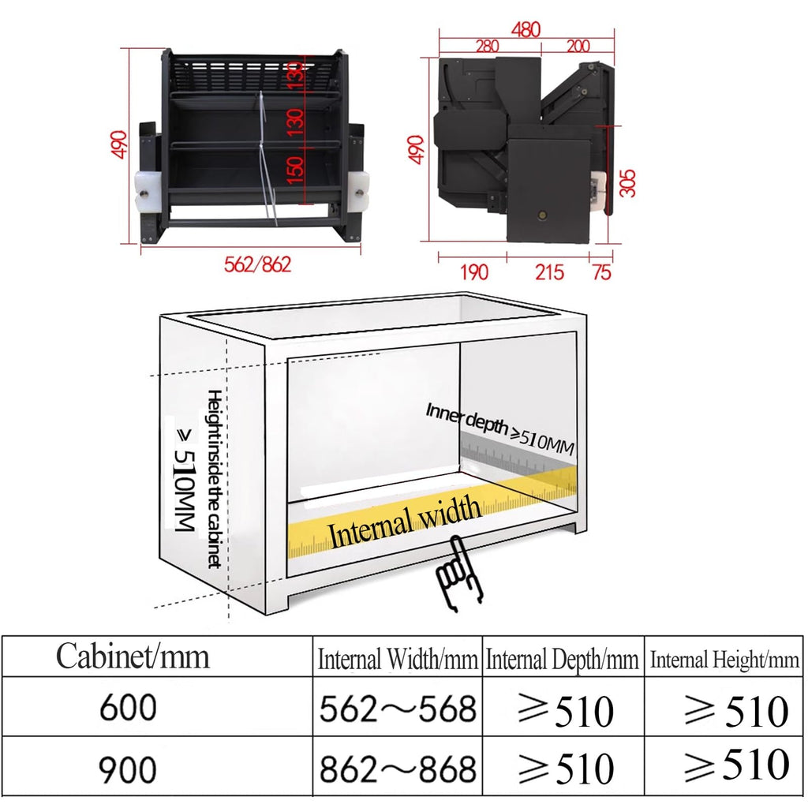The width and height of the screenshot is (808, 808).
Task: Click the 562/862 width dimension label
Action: tap(258, 264)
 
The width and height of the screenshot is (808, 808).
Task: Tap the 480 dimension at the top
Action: tap(526, 29)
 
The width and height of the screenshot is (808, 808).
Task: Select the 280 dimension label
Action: tap(487, 47)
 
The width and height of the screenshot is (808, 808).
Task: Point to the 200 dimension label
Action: tap(578, 47)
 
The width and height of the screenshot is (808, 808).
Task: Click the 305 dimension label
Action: tap(627, 183)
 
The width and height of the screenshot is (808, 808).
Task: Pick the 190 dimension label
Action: tap(473, 272)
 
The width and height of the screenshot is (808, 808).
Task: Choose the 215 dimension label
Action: tap(549, 272)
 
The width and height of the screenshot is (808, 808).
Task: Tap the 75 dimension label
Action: tap(602, 272)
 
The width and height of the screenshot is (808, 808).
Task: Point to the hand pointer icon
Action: tap(458, 574)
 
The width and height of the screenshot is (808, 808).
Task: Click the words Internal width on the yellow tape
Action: tap(405, 522)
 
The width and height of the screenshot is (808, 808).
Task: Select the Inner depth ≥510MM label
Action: tap(499, 429)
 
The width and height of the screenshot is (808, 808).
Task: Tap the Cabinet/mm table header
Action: tap(133, 656)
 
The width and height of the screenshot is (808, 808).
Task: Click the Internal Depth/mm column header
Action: tap(562, 660)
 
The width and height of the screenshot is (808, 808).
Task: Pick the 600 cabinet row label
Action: tap(128, 707)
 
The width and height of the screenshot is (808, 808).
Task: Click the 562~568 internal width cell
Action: tap(398, 709)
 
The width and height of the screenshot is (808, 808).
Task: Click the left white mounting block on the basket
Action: tap(148, 191)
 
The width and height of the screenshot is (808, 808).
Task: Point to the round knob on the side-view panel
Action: tap(541, 215)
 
